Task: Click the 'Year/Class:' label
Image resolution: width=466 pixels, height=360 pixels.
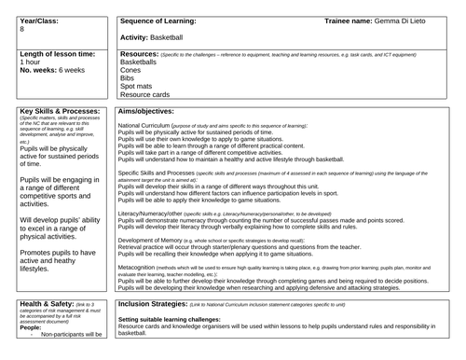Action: tap(40, 19)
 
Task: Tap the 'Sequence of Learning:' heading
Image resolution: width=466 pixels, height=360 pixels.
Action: tap(159, 19)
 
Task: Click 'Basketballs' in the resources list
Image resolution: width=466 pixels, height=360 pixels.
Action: tap(142, 64)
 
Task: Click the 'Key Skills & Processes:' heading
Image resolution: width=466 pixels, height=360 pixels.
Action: tap(58, 111)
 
